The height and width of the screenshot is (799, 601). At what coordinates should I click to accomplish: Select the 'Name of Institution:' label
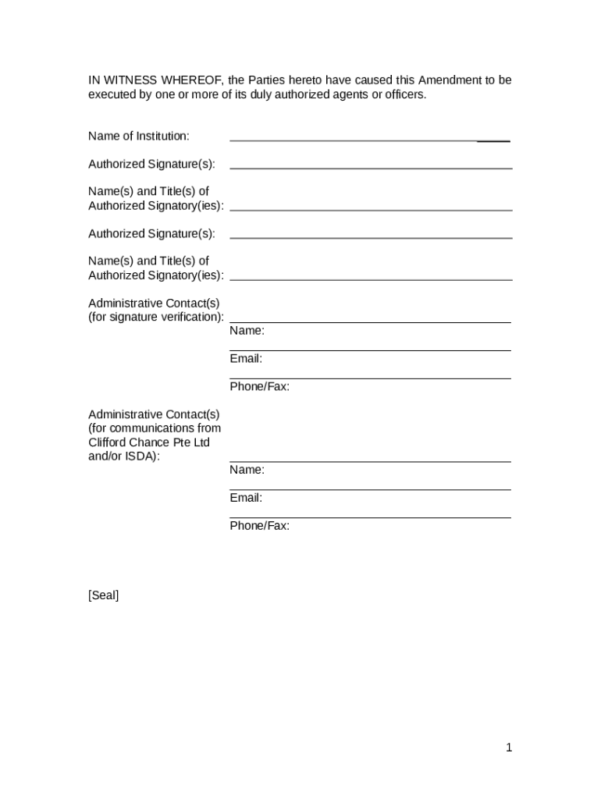click(139, 137)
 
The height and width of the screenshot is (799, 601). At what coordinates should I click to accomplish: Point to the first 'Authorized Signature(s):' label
click(151, 165)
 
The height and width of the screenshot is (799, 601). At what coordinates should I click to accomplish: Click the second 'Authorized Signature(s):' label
click(151, 234)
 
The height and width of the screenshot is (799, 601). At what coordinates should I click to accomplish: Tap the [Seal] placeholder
click(104, 596)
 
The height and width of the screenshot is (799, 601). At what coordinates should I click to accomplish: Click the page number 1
click(509, 748)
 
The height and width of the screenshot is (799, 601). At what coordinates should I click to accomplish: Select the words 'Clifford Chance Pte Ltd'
click(149, 442)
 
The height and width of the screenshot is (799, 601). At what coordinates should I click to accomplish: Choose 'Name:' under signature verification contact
click(247, 331)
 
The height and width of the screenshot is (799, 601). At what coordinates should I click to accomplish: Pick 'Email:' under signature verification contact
click(246, 359)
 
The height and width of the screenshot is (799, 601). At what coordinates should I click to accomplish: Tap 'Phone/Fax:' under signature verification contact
click(259, 387)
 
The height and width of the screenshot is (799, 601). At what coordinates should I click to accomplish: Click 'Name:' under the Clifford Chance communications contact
click(247, 470)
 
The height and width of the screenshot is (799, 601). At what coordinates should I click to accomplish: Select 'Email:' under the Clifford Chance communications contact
click(246, 498)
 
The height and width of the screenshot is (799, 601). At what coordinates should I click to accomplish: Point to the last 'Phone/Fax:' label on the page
click(259, 526)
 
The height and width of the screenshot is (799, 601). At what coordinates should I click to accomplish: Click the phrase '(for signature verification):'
click(156, 317)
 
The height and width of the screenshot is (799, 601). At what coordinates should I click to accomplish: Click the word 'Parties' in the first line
click(265, 80)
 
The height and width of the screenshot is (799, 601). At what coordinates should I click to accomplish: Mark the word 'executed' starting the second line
click(110, 95)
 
